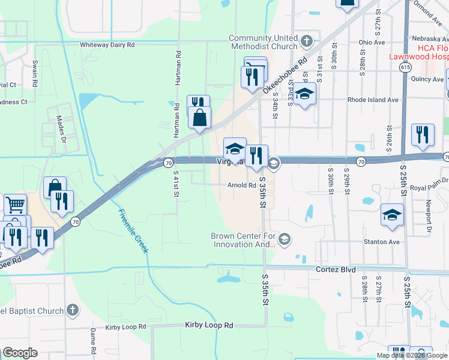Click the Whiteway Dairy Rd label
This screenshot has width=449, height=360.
pos(108,44)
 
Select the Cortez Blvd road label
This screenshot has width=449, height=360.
pos(336,270)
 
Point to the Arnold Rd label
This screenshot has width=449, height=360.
pos(242,185)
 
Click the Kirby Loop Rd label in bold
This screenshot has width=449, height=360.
pos(208,325)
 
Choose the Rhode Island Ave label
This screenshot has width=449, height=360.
pos(373,100)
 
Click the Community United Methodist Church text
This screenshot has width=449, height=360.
pos(263,42)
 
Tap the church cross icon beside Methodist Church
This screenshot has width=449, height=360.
pos(307,41)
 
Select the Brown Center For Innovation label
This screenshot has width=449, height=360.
pos(243,240)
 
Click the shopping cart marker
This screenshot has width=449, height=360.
pos(15,205)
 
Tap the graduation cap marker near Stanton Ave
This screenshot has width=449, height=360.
pos(392,215)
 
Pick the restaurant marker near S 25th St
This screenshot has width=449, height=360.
pos(423,135)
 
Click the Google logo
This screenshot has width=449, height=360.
pos(20,353)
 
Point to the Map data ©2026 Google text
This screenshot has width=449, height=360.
pos(412,355)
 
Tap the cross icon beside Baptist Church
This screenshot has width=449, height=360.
pos(72,310)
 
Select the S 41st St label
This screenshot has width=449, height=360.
pos(176,184)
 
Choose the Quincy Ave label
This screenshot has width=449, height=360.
pos(428,79)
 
